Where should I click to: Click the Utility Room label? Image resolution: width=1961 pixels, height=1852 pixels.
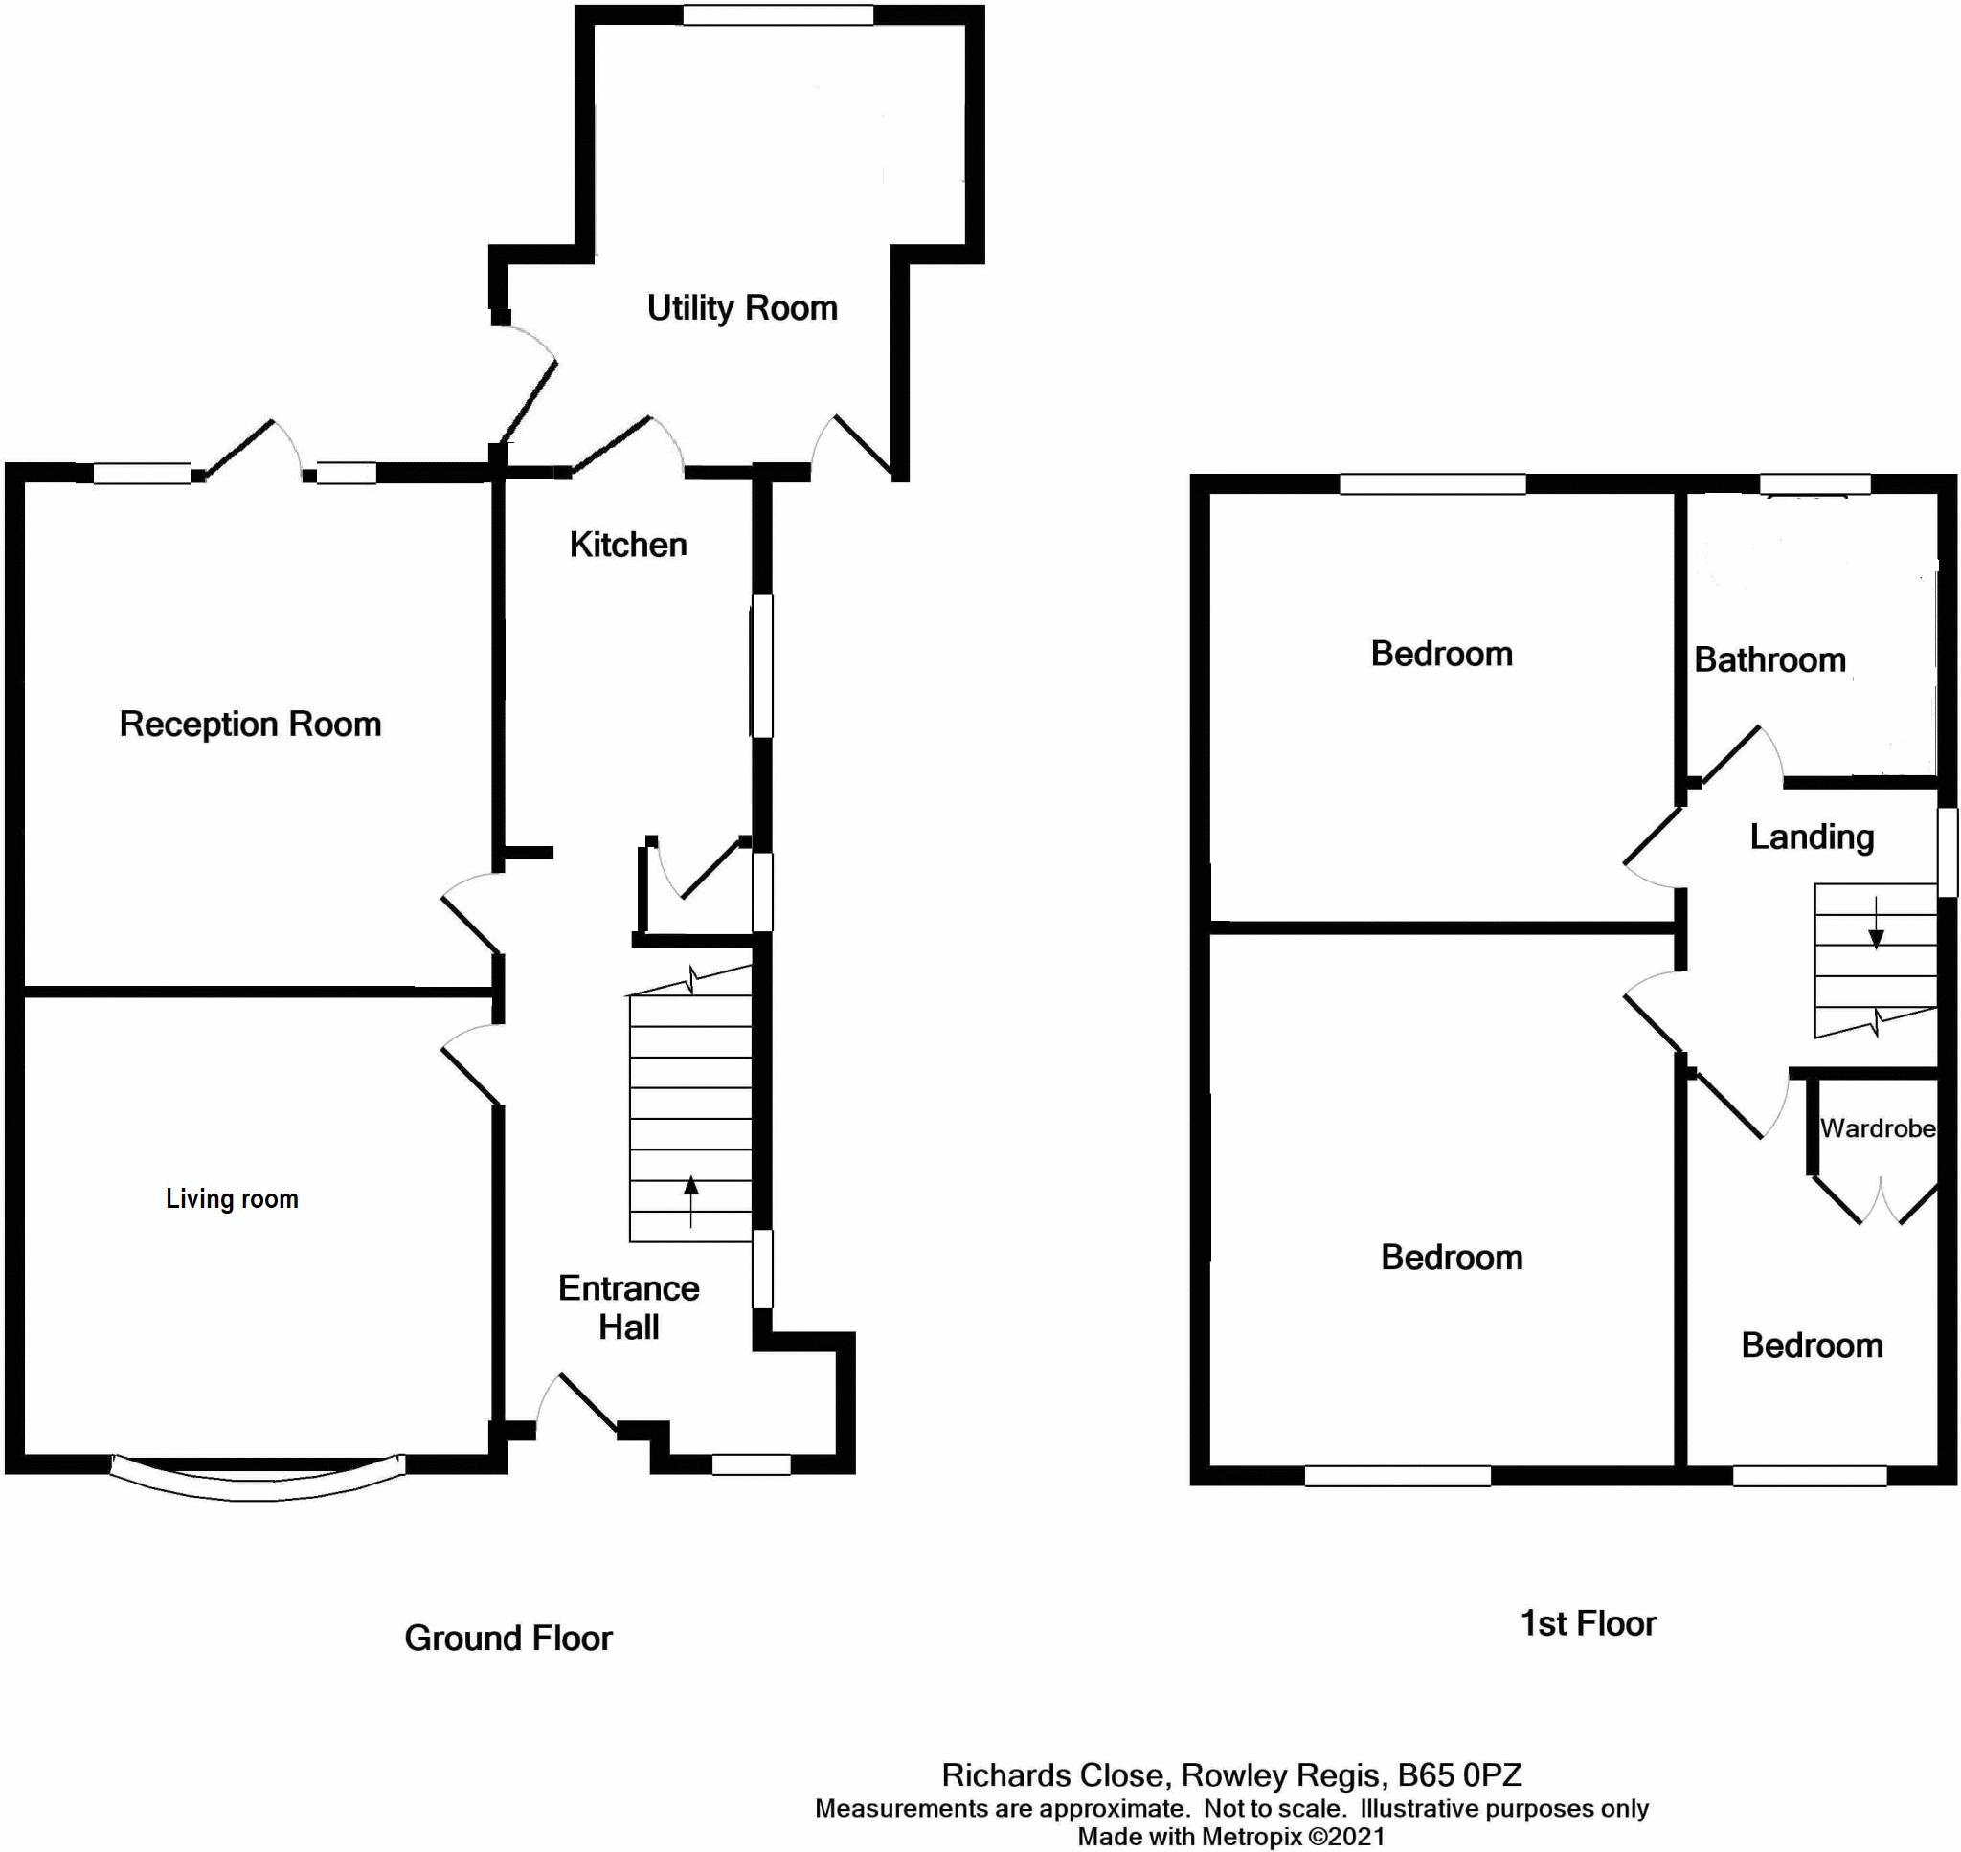(741, 308)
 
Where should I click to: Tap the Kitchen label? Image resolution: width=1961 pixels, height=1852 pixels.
(628, 545)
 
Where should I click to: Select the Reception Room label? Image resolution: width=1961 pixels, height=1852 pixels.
(250, 724)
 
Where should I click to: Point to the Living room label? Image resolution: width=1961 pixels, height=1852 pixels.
(231, 1198)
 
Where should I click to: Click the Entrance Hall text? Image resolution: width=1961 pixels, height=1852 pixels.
(629, 1307)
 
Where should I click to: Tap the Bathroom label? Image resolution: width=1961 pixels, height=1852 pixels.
(1769, 659)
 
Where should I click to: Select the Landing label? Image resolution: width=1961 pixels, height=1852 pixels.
(1811, 837)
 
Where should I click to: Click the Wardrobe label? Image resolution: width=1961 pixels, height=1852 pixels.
(1877, 1128)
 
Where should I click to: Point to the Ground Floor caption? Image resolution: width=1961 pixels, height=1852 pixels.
(507, 1638)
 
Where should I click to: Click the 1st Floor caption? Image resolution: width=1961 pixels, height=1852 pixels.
(1588, 1623)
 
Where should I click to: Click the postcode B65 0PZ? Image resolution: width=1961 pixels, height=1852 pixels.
(1458, 1775)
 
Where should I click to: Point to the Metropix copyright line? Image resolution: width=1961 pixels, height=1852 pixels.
(1230, 1836)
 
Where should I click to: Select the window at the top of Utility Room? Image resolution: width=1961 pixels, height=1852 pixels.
(778, 14)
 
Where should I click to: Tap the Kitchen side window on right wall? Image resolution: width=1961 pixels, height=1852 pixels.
(761, 665)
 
